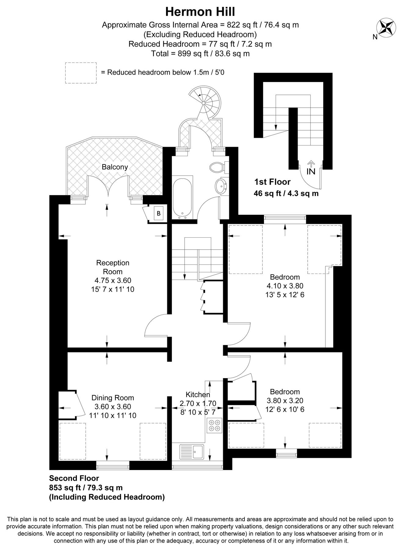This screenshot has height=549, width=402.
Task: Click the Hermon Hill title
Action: pyautogui.click(x=200, y=12)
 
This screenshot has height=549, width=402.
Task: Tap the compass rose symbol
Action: pyautogui.click(x=386, y=27)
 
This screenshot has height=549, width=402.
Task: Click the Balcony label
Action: pyautogui.click(x=115, y=167)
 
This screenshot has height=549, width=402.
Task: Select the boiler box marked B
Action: pyautogui.click(x=158, y=213)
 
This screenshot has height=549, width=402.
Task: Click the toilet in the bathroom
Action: pyautogui.click(x=217, y=167)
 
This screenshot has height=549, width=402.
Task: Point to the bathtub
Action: pyautogui.click(x=183, y=198)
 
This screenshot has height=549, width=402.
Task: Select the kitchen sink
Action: pyautogui.click(x=192, y=452)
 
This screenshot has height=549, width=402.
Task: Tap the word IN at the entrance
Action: pyautogui.click(x=311, y=171)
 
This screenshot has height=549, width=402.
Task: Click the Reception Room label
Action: pyautogui.click(x=113, y=267)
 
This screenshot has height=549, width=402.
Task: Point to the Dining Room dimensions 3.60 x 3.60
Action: pyautogui.click(x=113, y=407)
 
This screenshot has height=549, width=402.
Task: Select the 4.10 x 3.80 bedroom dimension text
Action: pyautogui.click(x=285, y=286)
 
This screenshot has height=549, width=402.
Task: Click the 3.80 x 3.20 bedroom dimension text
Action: pyautogui.click(x=285, y=400)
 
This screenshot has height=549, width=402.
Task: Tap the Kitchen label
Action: pyautogui.click(x=198, y=395)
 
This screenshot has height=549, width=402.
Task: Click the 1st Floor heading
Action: pyautogui.click(x=272, y=182)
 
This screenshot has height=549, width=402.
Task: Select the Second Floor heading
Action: pyautogui.click(x=74, y=478)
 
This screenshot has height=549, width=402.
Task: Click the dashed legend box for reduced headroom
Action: pyautogui.click(x=81, y=73)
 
